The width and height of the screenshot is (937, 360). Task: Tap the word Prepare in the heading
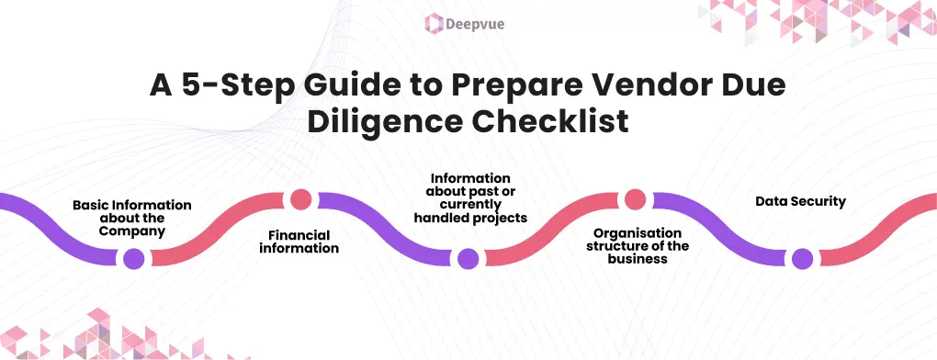[484, 85]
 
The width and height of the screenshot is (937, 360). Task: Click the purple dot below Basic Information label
[134, 258]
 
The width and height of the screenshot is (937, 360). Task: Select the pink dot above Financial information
[300, 199]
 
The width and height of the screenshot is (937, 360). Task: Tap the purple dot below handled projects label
[468, 258]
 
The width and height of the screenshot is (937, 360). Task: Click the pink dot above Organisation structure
[634, 199]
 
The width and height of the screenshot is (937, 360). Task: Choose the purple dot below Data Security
[802, 258]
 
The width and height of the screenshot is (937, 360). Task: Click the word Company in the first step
[132, 231]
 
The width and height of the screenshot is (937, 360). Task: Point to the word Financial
[299, 236]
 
